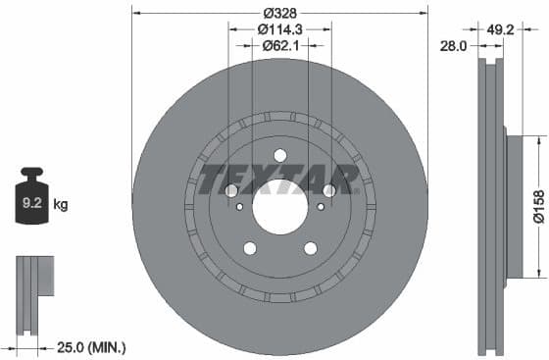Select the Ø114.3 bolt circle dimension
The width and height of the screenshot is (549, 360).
279,30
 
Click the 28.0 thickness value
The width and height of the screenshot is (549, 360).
452,44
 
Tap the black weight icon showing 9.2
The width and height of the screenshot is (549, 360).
32,203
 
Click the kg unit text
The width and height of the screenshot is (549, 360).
61,205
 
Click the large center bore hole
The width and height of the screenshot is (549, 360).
279,206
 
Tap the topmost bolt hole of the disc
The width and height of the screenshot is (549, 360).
280,155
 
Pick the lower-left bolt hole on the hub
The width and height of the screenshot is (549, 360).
249,248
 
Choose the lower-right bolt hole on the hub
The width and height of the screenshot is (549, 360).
311,248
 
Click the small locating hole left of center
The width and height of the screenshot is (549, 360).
238,206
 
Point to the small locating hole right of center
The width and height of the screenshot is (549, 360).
322,206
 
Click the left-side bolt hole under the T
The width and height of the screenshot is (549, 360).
231,191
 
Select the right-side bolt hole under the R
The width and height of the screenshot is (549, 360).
328,191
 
